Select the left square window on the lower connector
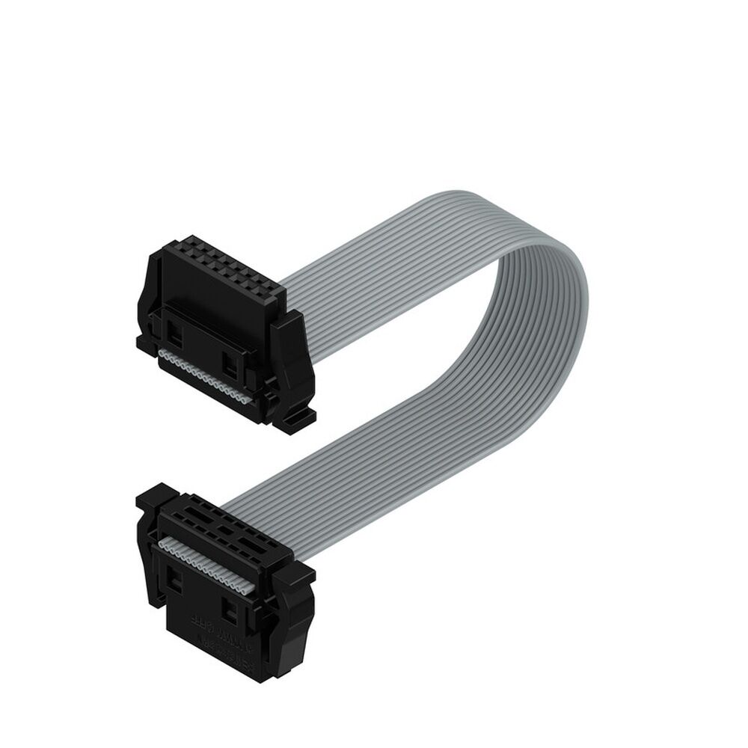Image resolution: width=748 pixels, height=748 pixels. [174, 577]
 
